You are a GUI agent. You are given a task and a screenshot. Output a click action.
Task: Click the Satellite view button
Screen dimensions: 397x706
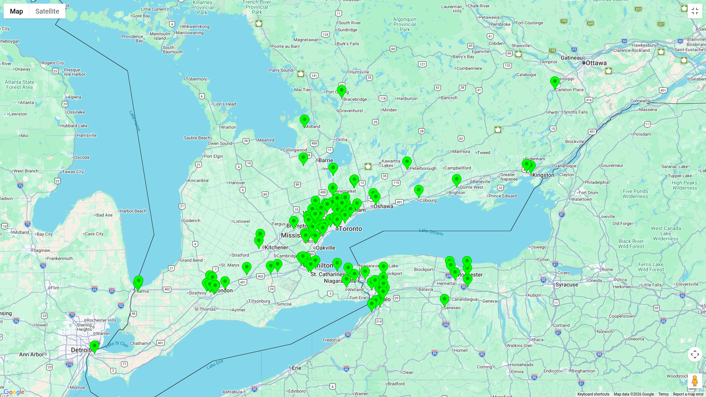point(47,11)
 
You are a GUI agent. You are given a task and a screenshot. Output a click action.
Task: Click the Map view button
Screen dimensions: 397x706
point(16,11)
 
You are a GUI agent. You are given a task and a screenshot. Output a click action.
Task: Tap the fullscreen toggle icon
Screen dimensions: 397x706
point(695,11)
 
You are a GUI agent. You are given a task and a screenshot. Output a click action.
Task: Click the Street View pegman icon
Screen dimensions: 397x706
point(694,381)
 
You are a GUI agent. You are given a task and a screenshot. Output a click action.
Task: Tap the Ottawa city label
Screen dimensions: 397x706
point(596,63)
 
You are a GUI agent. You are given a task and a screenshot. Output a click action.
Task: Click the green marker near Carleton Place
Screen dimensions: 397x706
point(555,82)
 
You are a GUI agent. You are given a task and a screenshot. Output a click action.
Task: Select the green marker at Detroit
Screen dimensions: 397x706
point(94,346)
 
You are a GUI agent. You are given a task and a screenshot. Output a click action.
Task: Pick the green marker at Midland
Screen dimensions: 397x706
point(304,120)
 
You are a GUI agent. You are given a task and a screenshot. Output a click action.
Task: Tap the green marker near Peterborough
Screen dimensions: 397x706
point(407,162)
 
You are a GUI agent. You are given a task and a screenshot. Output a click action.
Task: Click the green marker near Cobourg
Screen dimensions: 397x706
point(418,190)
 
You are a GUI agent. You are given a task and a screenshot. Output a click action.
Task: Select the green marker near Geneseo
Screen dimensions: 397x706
point(444,300)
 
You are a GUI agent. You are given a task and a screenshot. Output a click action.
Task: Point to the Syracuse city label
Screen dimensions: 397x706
point(567,285)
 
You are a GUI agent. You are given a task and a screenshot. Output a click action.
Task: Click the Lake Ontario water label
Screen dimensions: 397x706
point(431,232)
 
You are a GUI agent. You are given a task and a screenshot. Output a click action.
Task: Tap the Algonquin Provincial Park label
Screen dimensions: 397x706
point(404,24)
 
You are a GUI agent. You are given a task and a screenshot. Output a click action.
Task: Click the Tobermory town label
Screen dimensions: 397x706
point(196,79)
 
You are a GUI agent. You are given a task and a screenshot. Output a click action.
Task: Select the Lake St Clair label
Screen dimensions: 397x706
point(117,344)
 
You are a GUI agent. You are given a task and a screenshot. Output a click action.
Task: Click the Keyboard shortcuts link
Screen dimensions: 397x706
point(593,394)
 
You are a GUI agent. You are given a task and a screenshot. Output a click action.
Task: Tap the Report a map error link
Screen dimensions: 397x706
point(688,394)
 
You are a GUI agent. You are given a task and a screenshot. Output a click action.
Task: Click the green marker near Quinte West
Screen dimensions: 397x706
point(456,180)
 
